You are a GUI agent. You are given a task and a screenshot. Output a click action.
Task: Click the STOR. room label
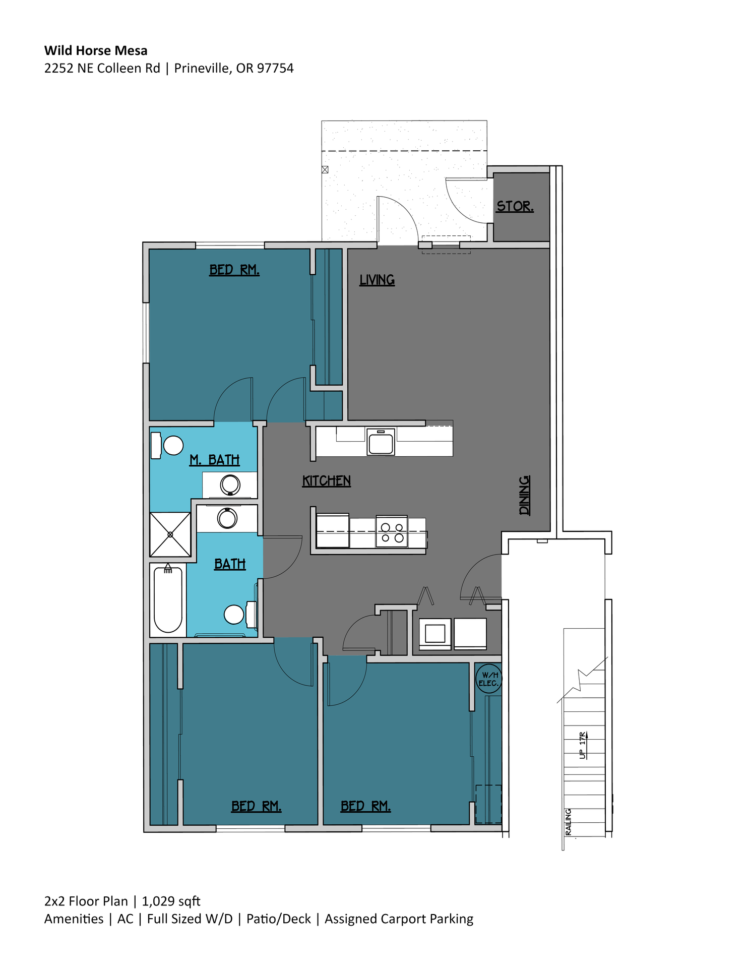pyautogui.click(x=515, y=206)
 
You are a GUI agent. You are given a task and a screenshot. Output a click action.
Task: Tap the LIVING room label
pyautogui.click(x=377, y=280)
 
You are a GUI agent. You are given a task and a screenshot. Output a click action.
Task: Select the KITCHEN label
pyautogui.click(x=326, y=481)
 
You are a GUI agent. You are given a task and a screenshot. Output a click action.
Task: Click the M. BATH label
pyautogui.click(x=214, y=460)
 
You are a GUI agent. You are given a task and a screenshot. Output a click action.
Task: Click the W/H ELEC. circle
pyautogui.click(x=488, y=679)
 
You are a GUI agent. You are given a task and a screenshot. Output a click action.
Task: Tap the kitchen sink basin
pyautogui.click(x=381, y=443)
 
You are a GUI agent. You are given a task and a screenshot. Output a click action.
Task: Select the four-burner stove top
pyautogui.click(x=392, y=532)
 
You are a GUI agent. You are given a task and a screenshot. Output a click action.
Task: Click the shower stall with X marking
pyautogui.click(x=170, y=534)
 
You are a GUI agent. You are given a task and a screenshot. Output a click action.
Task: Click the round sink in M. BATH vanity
pyautogui.click(x=230, y=485)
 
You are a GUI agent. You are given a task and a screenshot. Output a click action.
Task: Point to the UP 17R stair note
pyautogui.click(x=583, y=745)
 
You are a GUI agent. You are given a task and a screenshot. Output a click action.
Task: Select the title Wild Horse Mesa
pyautogui.click(x=96, y=50)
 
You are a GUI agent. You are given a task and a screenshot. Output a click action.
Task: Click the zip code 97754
pyautogui.click(x=275, y=68)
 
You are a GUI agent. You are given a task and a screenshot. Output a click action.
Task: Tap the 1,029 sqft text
pyautogui.click(x=171, y=901)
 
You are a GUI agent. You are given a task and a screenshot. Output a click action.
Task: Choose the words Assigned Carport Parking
pyautogui.click(x=399, y=919)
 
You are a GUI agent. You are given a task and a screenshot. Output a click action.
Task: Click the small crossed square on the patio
pyautogui.click(x=325, y=170)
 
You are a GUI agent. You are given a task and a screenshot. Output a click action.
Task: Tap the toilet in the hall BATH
pyautogui.click(x=237, y=614)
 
